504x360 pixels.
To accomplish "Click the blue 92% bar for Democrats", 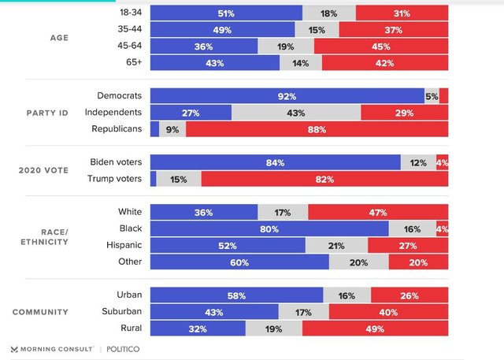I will point(287,96).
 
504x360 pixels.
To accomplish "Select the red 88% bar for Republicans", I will point(317,129).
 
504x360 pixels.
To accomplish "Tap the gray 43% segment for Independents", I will point(296,113).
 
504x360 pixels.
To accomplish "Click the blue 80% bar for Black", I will point(269,228).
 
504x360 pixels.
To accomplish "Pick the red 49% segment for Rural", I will point(375,328).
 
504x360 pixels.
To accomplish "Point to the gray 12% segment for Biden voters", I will point(418,162).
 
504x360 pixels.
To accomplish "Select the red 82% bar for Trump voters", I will point(324,179).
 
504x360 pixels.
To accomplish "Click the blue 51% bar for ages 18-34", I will point(226,13).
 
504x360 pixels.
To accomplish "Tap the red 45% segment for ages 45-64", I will point(381,46).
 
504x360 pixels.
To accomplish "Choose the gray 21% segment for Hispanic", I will point(336,245).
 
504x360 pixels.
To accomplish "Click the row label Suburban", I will point(120,312).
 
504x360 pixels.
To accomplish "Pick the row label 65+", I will point(131,62).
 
